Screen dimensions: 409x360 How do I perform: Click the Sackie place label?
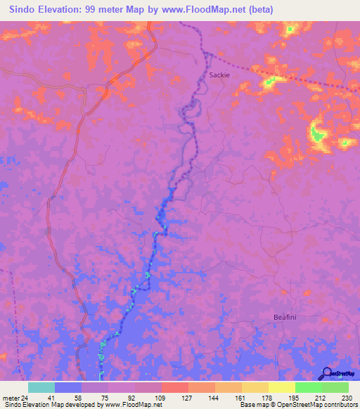click(x=219, y=74)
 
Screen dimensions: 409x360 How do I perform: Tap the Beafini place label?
click(x=286, y=318)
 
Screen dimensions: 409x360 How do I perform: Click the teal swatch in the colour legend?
click(x=41, y=387)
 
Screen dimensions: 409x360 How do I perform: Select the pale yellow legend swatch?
click(x=281, y=387)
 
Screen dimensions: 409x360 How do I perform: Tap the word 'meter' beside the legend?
click(x=12, y=397)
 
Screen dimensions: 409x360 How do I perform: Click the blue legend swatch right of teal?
click(x=68, y=387)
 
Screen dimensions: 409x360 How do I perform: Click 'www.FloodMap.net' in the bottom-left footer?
click(x=131, y=405)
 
